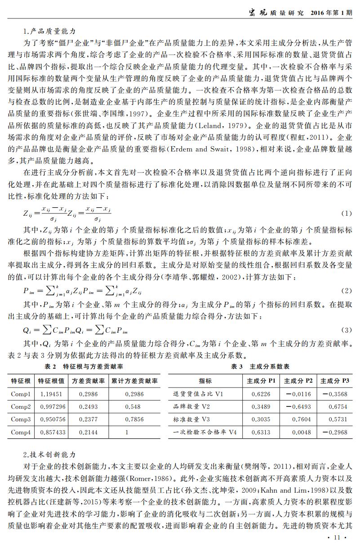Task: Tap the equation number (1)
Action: coord(346,213)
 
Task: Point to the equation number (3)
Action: coord(346,330)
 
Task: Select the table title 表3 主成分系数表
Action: coord(260,367)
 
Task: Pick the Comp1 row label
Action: coord(21,394)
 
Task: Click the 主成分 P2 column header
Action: coord(298,381)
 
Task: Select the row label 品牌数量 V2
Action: coord(192,407)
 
